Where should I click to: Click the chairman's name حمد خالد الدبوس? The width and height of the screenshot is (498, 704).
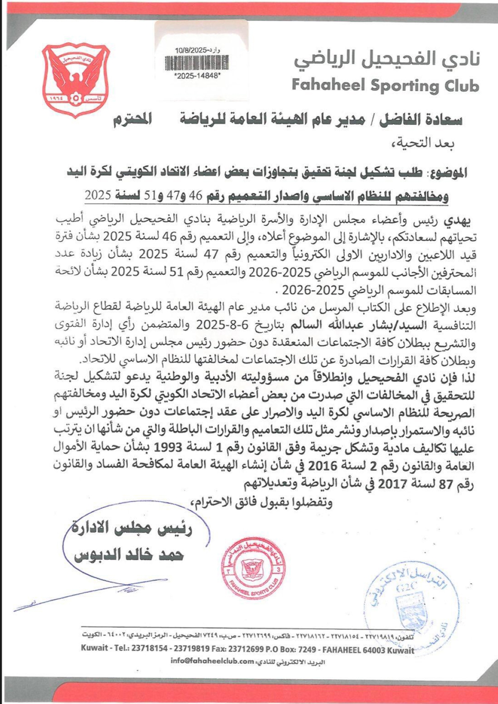(x=129, y=555)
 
